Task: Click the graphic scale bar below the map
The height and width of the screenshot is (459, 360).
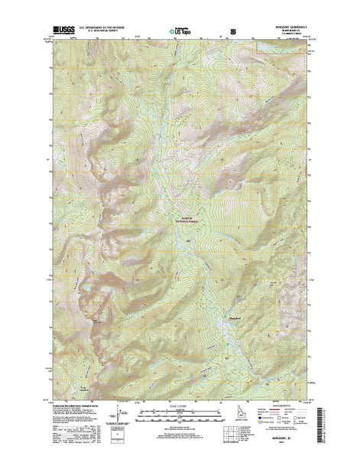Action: point(180,418)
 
